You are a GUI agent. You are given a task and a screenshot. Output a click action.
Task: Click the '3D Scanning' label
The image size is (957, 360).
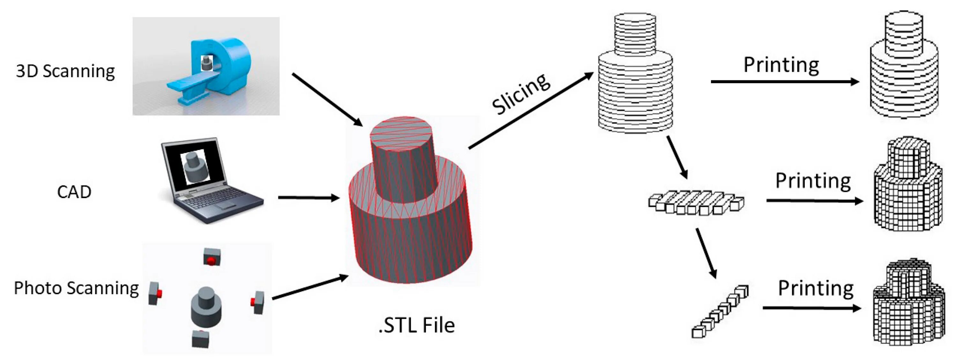pos(65,71)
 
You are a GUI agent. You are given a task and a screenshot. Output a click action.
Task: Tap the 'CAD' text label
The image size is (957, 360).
pos(74,192)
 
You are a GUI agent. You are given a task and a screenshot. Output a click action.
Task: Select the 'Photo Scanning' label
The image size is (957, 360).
pos(76,288)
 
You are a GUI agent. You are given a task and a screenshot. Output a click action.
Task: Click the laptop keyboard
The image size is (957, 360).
pos(212,201)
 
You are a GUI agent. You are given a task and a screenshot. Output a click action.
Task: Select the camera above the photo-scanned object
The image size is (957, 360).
pos(212,257)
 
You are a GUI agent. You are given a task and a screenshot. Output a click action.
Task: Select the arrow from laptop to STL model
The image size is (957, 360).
pos(308,198)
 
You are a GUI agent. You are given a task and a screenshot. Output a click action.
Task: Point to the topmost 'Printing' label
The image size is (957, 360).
pos(781,65)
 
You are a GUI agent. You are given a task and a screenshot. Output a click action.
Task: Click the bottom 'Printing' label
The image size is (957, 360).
pos(816,288)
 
